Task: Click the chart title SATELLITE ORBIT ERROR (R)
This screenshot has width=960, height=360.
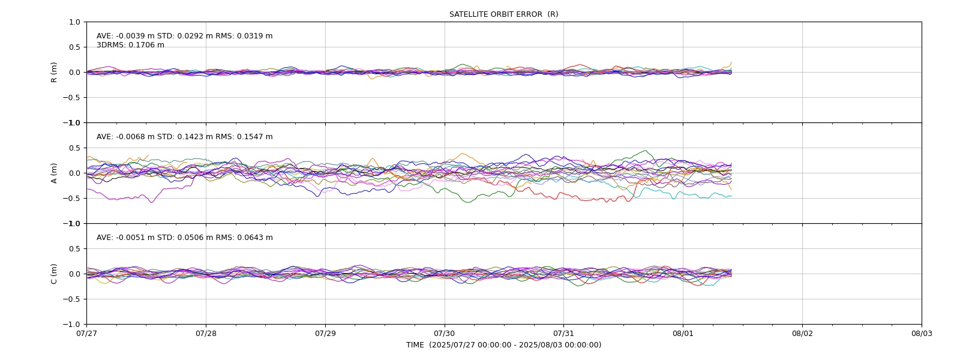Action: (503, 14)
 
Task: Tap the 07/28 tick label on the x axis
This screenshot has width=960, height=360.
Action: (206, 334)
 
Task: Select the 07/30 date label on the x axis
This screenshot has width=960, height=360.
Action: (445, 334)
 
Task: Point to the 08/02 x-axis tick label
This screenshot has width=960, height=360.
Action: (802, 334)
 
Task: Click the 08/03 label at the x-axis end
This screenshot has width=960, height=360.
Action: (922, 334)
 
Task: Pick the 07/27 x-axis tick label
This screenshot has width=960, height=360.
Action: (86, 334)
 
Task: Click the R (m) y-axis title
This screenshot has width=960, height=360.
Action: (54, 73)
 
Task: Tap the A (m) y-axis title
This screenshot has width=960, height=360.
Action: (54, 173)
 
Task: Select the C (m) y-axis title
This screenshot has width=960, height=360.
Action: (54, 274)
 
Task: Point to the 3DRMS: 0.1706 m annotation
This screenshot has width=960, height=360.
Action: (130, 45)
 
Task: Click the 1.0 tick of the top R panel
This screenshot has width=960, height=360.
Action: (74, 22)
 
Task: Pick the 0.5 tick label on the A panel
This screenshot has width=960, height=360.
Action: (74, 148)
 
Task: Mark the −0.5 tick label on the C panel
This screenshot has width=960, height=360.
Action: (71, 299)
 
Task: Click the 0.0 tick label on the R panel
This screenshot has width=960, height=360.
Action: (74, 73)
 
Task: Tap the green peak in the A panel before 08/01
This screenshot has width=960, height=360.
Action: (646, 151)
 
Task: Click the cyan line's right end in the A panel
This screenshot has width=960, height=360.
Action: (731, 196)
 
